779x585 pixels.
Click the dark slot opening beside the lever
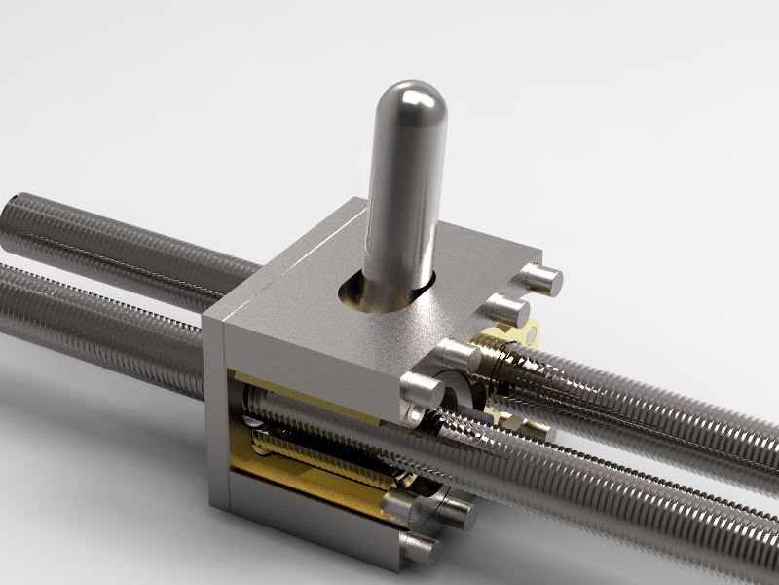[355, 292]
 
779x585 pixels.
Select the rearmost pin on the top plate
[541, 278]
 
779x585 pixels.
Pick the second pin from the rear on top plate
[507, 311]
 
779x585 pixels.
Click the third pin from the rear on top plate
[459, 357]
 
